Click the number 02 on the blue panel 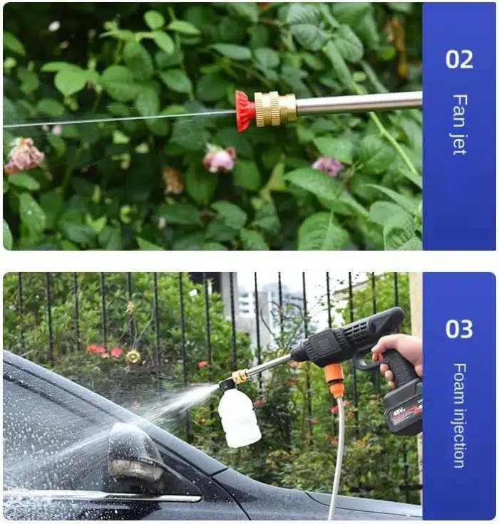point(459,58)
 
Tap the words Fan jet point(459,124)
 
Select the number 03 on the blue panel point(459,329)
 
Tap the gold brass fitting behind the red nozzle point(275,108)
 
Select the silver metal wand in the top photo point(356,103)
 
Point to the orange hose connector point(334,379)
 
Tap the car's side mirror point(135,456)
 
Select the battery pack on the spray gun point(403,407)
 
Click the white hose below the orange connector point(336,456)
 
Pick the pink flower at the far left point(24,154)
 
